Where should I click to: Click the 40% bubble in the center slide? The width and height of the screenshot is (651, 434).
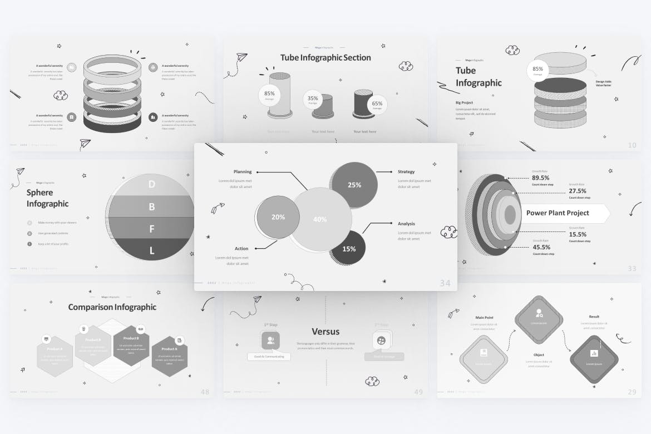[320, 219]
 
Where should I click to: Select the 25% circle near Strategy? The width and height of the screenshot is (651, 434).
[354, 185]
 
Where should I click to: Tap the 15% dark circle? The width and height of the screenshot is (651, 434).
[349, 249]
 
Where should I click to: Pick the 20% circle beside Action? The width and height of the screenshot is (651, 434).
[278, 217]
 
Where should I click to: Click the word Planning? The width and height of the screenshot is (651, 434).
[243, 172]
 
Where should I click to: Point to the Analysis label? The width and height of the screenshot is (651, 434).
[406, 224]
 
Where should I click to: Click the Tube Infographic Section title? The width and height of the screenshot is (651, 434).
[325, 57]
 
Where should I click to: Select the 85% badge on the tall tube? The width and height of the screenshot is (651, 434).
[270, 94]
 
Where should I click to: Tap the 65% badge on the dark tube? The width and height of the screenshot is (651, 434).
[377, 104]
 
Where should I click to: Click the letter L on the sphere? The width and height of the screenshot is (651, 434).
[151, 251]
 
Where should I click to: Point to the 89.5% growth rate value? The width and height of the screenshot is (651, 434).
[541, 178]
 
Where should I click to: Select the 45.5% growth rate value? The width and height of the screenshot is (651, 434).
[541, 247]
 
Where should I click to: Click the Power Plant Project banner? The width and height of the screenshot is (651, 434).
[558, 213]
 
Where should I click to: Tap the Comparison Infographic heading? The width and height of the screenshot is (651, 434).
[112, 307]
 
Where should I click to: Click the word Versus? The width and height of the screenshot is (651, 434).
[325, 332]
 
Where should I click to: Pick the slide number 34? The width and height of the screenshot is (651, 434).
[445, 283]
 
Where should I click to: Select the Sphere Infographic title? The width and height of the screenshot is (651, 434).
[47, 198]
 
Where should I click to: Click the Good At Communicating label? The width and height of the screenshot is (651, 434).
[269, 356]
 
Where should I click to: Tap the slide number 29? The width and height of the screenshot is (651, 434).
[632, 392]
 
